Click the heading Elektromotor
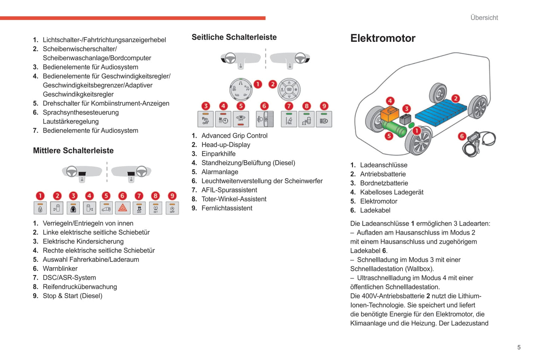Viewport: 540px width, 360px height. point(383,38)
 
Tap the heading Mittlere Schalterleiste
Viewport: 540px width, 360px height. point(73,150)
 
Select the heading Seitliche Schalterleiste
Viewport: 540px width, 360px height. point(234,37)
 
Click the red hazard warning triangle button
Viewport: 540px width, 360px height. point(123,208)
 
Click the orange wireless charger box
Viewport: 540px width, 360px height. point(390,113)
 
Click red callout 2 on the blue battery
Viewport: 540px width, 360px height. point(456,99)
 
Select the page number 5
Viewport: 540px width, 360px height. point(519,347)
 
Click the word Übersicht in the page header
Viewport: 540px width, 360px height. point(484,18)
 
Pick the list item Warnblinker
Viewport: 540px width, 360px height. point(60,269)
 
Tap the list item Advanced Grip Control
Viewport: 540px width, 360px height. point(234,136)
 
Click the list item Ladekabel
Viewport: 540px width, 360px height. point(375,210)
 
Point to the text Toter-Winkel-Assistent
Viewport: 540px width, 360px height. point(234,199)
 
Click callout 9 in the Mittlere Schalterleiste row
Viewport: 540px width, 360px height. point(172,196)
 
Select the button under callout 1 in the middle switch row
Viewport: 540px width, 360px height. point(40,208)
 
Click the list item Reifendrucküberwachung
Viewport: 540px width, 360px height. point(80,287)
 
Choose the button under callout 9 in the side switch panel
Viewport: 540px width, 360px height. point(324,120)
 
